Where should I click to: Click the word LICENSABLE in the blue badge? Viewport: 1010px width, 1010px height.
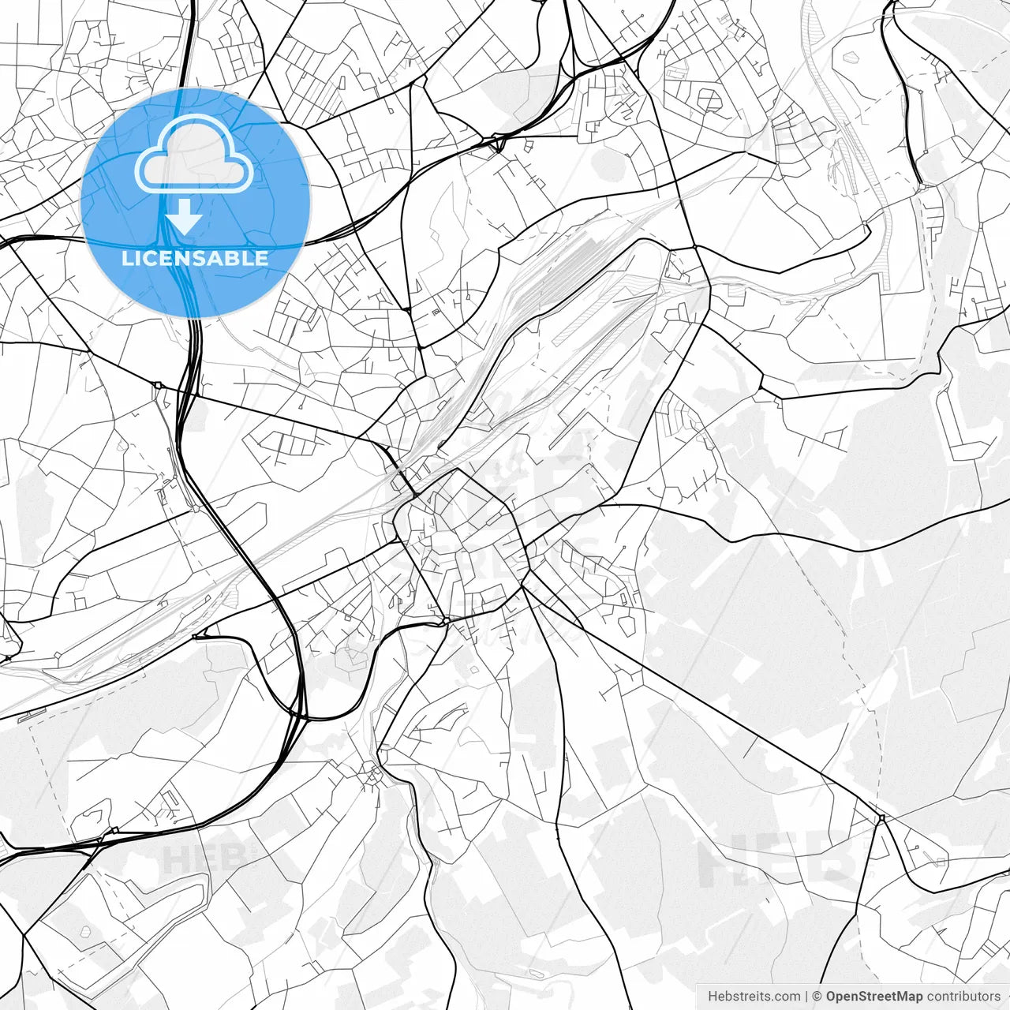(x=195, y=258)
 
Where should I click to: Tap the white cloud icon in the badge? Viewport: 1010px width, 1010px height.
(x=194, y=156)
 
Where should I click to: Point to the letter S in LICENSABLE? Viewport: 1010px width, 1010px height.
(x=204, y=258)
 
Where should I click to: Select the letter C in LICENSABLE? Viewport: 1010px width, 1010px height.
(x=155, y=258)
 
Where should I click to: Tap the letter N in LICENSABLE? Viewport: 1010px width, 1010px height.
(x=188, y=258)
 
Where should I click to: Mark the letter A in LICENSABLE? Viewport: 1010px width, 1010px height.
(x=221, y=258)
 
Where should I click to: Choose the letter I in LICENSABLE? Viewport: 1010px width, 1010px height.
(x=141, y=258)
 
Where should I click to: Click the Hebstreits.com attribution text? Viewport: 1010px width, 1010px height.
(x=754, y=997)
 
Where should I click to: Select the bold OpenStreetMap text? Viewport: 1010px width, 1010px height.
(x=873, y=997)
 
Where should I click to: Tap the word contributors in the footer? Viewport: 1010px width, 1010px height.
(x=963, y=997)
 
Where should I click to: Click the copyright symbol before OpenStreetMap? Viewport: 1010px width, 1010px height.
(x=817, y=997)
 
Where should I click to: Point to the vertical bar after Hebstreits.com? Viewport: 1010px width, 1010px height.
(x=806, y=997)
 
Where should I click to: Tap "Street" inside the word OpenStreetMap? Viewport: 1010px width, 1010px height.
(x=877, y=997)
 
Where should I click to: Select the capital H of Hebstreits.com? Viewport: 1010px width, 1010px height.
(x=713, y=997)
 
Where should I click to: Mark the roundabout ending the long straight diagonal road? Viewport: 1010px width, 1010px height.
(x=881, y=819)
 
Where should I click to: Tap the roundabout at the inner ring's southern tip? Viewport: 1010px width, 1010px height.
(x=447, y=622)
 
